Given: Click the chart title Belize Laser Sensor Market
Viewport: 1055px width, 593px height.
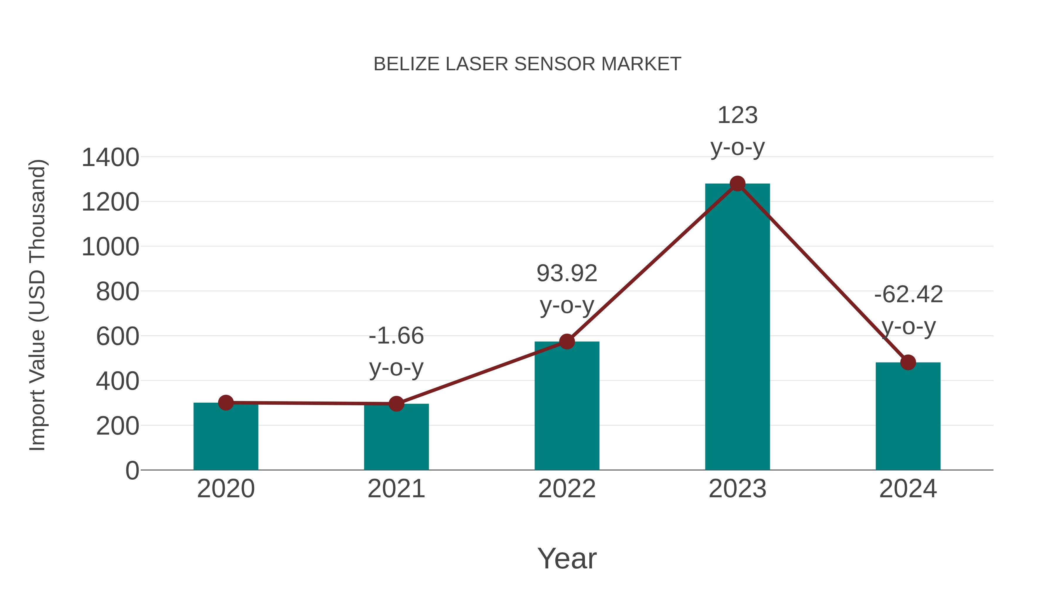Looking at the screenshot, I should pos(527,64).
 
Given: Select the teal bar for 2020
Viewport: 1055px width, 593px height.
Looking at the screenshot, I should pos(226,438).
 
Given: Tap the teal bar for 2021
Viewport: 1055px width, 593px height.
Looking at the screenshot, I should pos(396,438).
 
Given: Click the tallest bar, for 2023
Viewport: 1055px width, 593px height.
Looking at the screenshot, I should pos(737,327).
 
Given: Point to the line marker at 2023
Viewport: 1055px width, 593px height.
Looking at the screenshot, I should pos(737,184).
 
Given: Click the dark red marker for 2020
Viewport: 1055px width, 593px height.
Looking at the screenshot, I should pos(226,403).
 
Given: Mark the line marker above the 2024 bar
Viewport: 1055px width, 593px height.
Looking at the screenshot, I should pos(908,362).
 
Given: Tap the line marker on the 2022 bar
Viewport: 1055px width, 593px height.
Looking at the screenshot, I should pos(567,341).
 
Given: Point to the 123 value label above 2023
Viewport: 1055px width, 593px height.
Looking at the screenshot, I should pos(737,115).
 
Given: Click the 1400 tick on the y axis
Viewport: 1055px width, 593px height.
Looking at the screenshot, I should pos(110,158).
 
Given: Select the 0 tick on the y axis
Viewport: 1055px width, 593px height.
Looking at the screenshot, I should pos(132,471).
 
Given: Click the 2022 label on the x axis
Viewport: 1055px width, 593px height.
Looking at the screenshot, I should pos(567,489).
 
